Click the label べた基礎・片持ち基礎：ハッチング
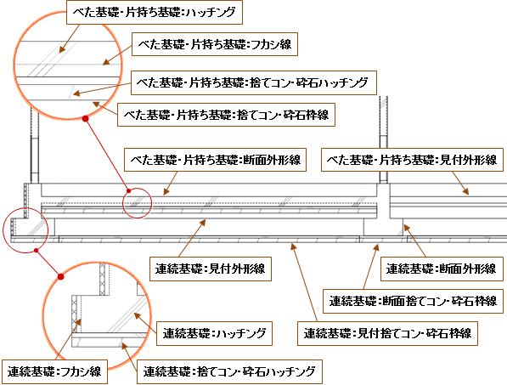155,12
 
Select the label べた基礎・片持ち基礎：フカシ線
215,44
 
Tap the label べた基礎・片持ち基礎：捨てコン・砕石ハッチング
254,82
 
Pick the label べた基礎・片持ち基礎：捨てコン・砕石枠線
226,115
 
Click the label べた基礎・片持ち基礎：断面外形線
216,160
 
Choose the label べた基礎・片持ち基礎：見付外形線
412,160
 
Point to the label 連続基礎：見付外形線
210,269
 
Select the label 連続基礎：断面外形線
442,269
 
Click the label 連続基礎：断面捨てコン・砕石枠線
413,301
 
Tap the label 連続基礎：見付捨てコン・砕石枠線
387,333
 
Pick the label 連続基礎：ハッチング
214,333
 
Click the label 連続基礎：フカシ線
54,371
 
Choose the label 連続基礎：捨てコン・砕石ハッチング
229,371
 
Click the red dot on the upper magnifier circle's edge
86,119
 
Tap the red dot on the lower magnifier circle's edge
60,276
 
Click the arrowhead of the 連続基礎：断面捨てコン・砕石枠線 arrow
376,247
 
